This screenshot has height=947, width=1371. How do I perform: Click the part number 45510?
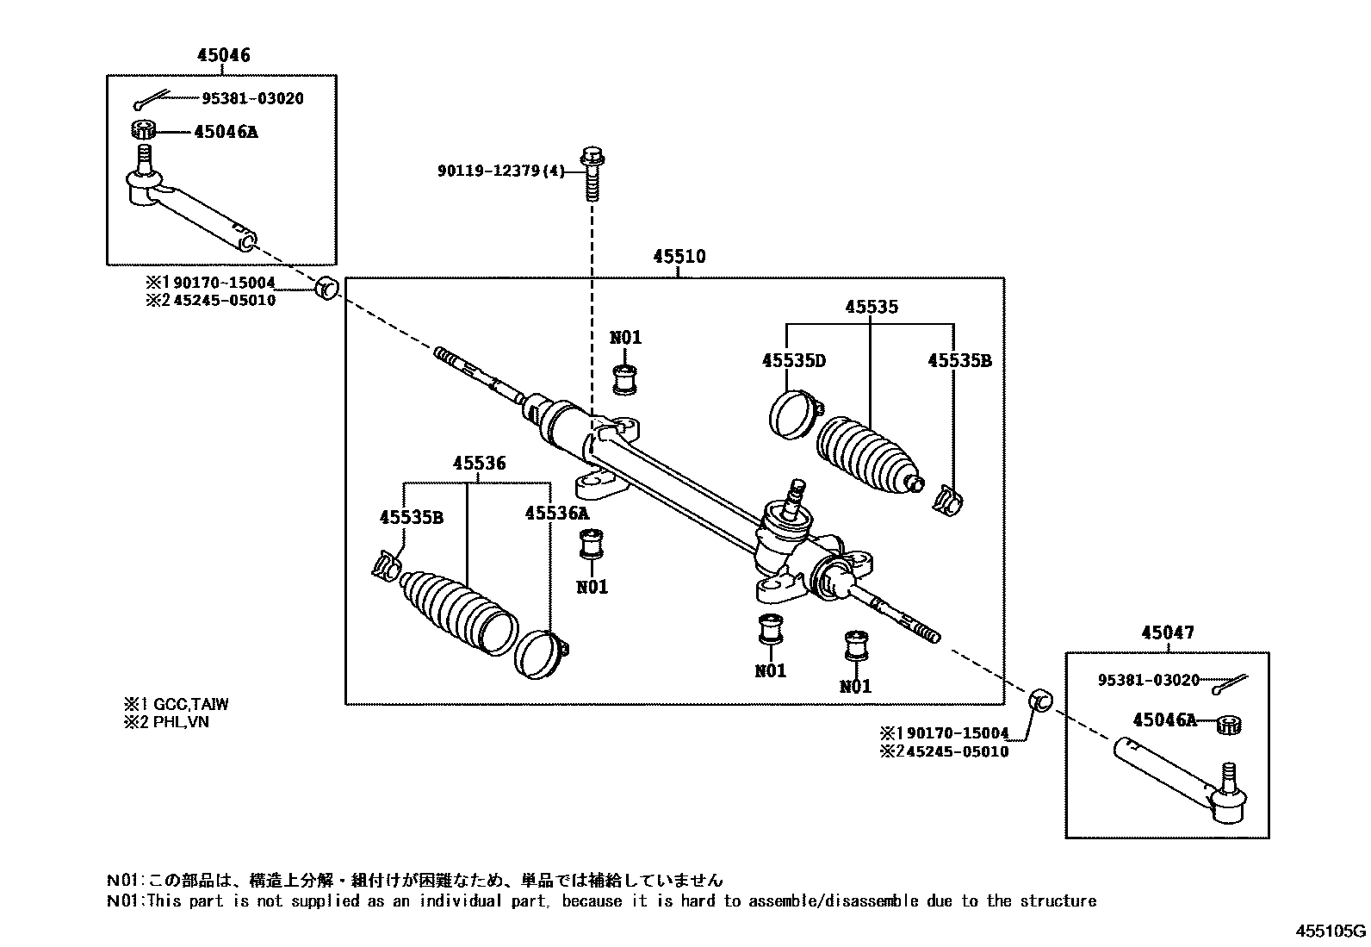[679, 257]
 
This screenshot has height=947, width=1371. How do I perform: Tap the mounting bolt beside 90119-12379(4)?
[592, 172]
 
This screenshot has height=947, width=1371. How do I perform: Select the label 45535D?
[793, 360]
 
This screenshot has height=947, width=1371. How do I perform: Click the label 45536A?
[557, 514]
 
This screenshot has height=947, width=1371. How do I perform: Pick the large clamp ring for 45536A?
[539, 654]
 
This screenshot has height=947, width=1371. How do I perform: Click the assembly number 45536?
[480, 464]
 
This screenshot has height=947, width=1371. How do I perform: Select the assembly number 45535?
[871, 307]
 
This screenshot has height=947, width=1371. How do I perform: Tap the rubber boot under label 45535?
[866, 453]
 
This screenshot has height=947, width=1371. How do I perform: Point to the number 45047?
[1168, 632]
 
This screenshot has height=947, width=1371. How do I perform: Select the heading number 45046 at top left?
[223, 55]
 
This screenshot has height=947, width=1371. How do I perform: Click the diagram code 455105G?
[1331, 931]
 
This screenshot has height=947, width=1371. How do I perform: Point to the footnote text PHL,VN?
[181, 722]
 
